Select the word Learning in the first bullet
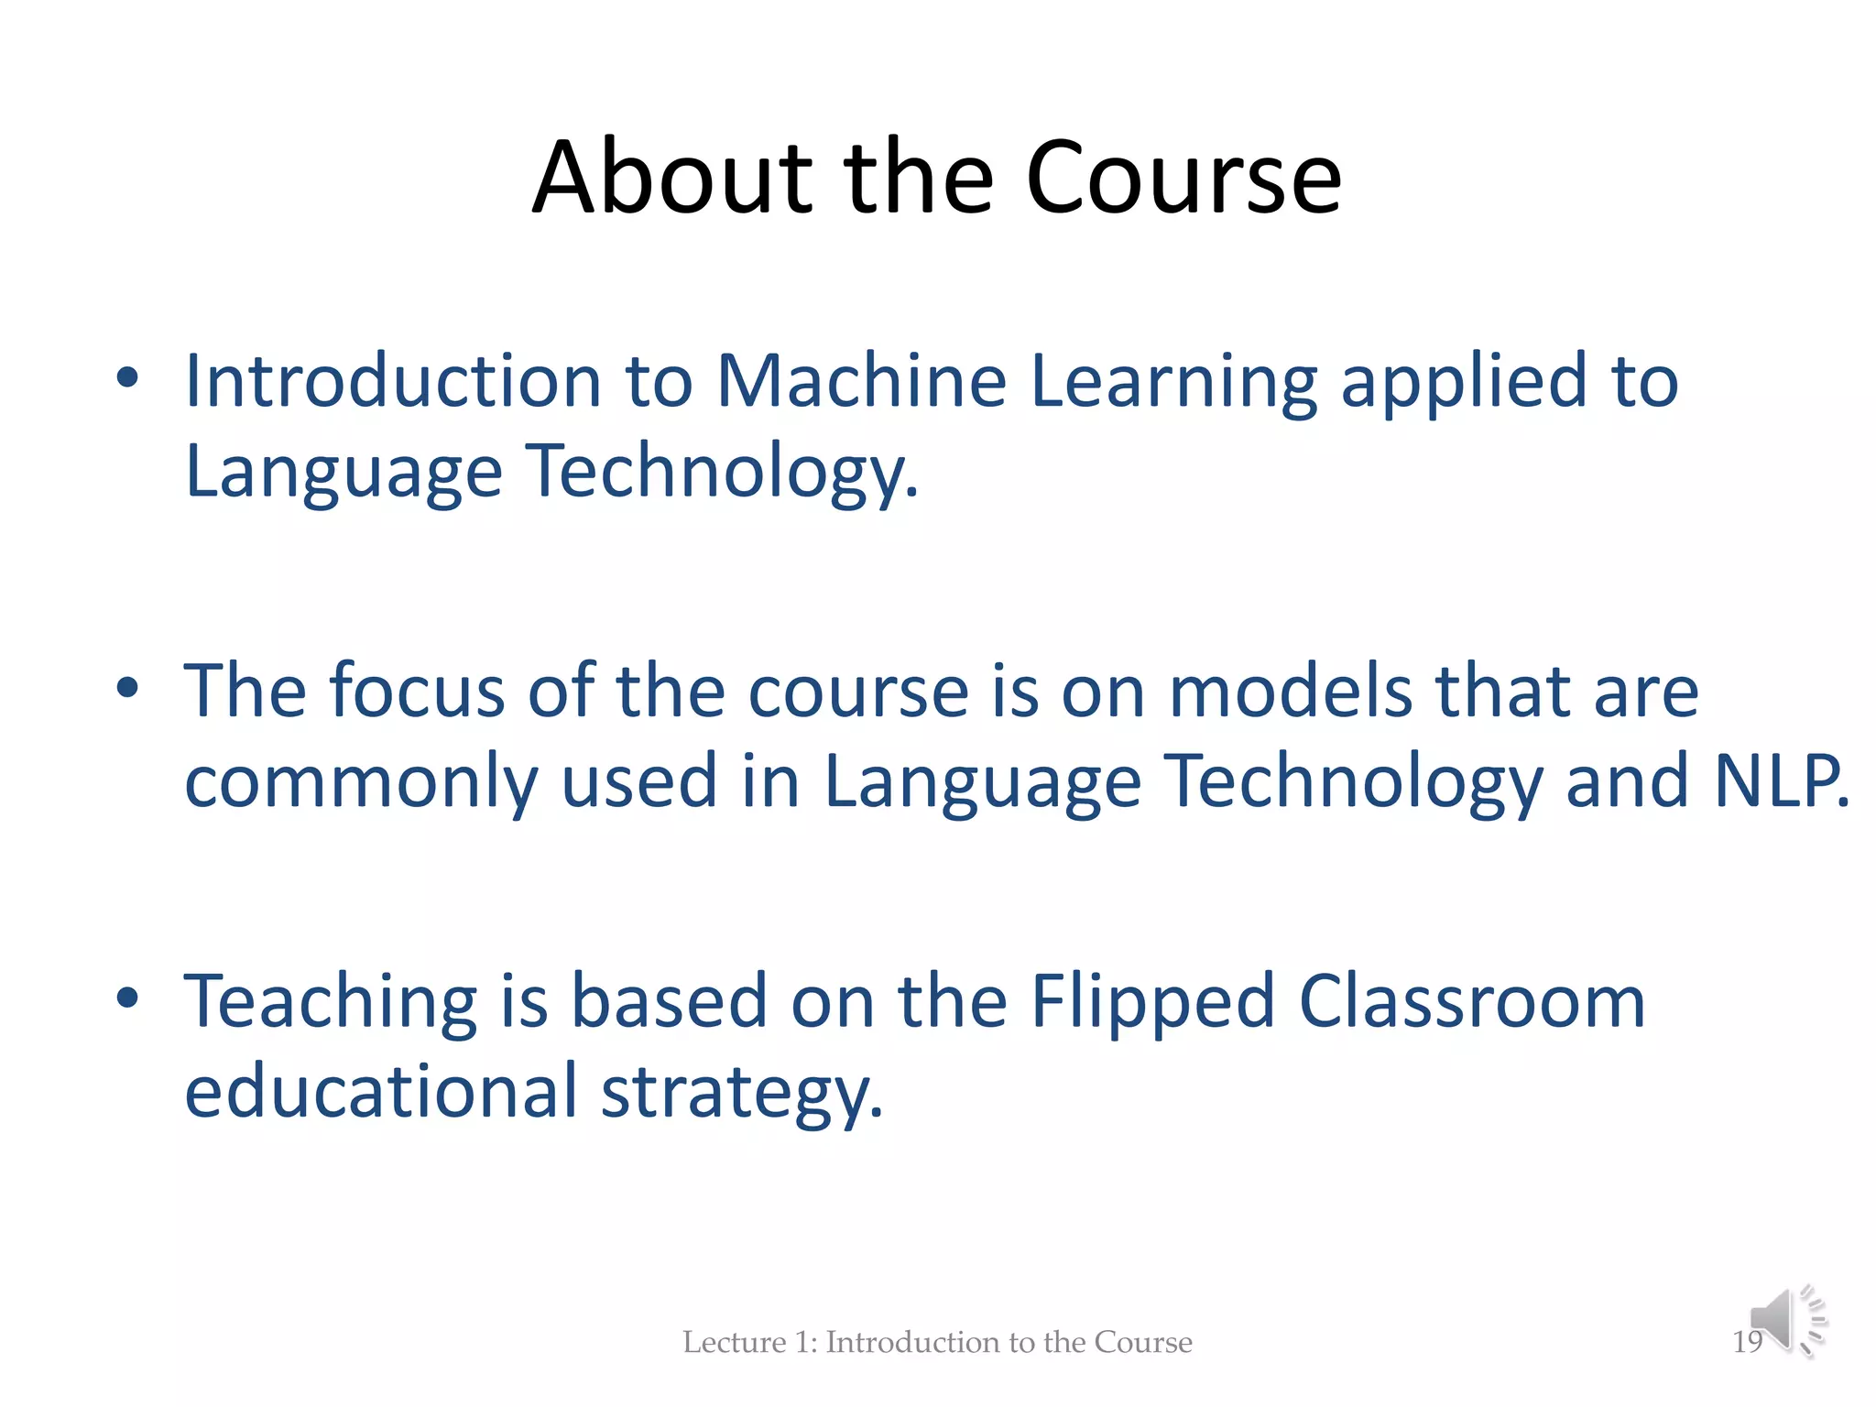click(1173, 383)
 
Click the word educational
click(381, 1091)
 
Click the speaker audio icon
click(1786, 1320)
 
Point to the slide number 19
click(1746, 1342)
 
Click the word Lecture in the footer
click(734, 1342)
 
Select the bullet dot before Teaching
click(127, 998)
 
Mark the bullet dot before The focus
click(127, 687)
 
